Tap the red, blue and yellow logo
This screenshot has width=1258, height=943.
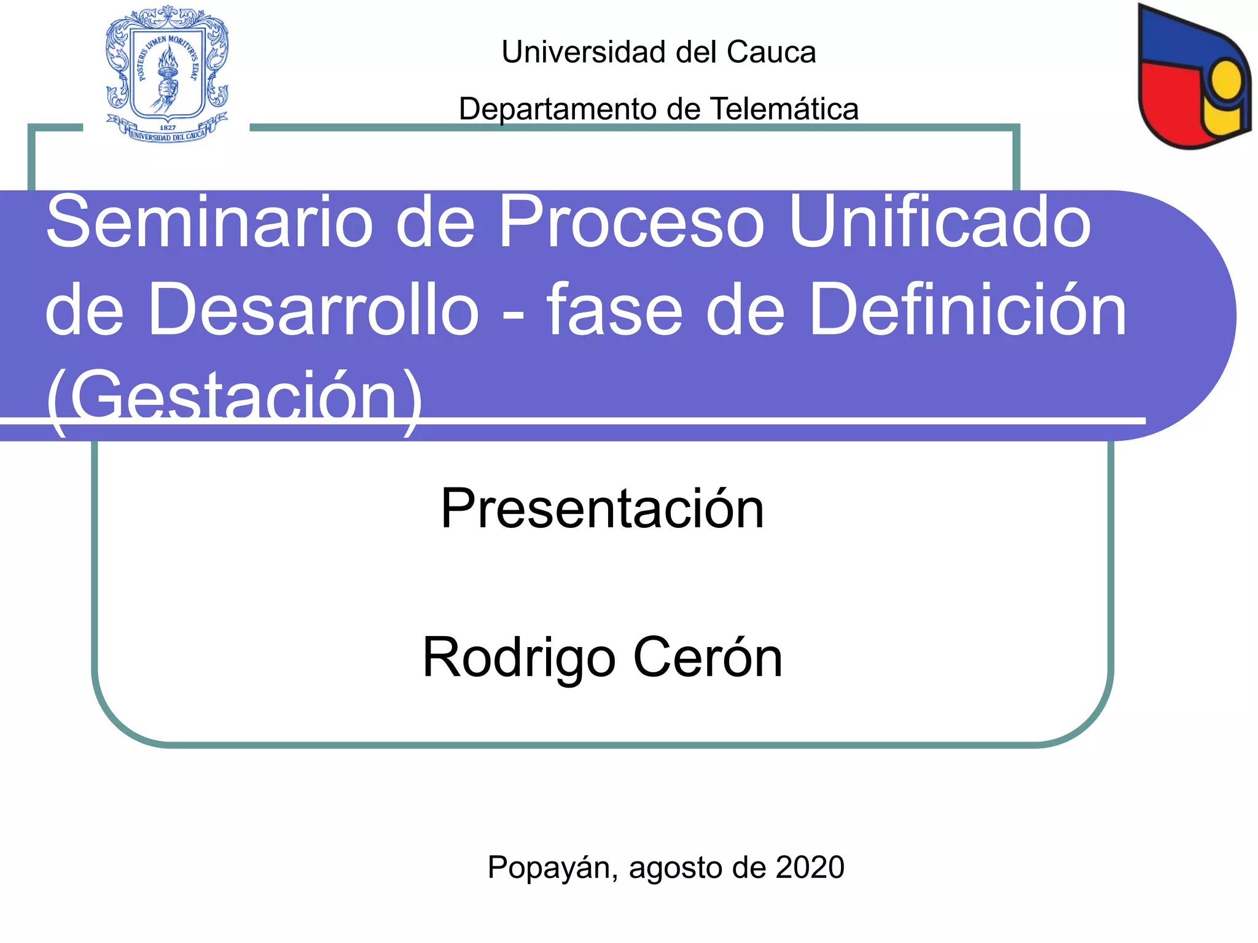coord(1193,77)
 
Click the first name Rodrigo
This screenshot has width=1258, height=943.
coord(518,658)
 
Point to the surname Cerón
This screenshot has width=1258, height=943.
coord(708,658)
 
